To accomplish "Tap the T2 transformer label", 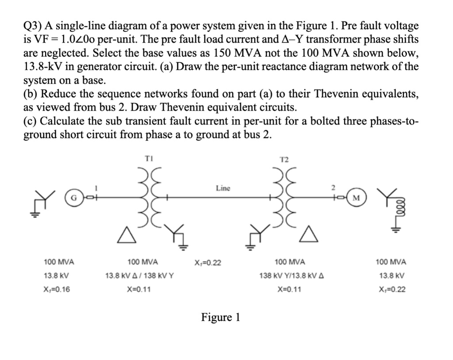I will [284, 159].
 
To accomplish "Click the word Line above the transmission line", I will [223, 188].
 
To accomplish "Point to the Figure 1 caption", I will [220, 318].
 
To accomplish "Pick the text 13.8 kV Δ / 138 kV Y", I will [139, 276].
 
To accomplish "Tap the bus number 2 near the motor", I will [341, 189].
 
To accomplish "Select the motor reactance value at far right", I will [391, 290].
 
